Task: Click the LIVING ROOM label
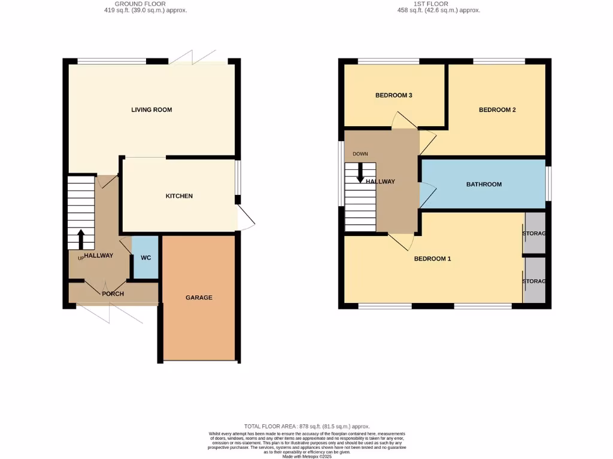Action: [x=151, y=110]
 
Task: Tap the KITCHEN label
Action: [x=179, y=196]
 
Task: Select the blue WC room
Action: [x=145, y=258]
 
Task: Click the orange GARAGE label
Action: [x=199, y=298]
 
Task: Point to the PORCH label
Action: [x=113, y=294]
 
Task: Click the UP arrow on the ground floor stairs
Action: [x=81, y=239]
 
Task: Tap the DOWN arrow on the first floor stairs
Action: [x=360, y=173]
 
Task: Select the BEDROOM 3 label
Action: [x=393, y=96]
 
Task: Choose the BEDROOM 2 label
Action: [x=497, y=110]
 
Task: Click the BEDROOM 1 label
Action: [x=432, y=259]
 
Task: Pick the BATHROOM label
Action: [x=484, y=185]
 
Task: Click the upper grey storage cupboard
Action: [x=535, y=233]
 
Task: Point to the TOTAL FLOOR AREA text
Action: [x=306, y=426]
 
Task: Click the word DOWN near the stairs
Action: [x=360, y=154]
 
